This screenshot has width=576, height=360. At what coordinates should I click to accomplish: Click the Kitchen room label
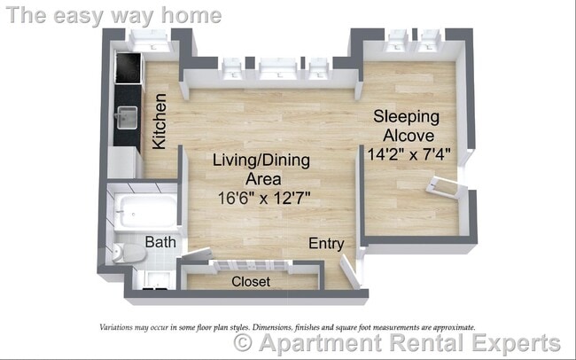pos(160,121)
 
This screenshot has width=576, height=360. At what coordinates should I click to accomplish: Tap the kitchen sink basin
pos(127,115)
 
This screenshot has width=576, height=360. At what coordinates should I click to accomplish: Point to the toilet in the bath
pos(129,254)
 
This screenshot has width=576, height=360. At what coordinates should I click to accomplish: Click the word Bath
pos(160,241)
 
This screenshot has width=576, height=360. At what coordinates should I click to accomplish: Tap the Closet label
pos(250,282)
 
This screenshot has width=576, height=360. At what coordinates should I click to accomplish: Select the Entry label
pos(325,244)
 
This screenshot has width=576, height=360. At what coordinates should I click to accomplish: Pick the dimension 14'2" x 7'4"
pos(409,153)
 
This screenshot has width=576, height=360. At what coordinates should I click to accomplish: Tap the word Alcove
pos(409,135)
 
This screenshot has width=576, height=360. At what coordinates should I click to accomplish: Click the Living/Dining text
pos(261,160)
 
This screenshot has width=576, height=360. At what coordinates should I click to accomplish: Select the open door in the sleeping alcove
pos(447,187)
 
